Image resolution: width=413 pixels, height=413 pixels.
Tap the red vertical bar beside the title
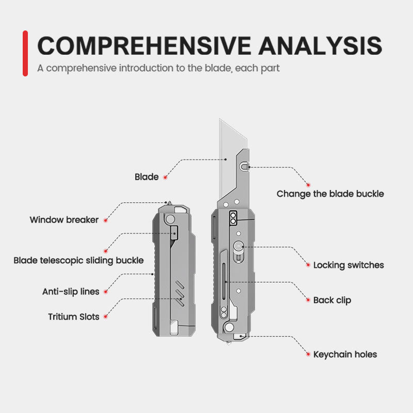click(25, 53)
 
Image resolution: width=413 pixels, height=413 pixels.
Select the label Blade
click(147, 177)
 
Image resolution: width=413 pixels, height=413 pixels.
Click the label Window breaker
click(64, 220)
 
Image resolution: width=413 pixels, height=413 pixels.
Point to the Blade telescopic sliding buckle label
click(78, 260)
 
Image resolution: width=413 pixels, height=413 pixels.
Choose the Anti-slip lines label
click(71, 292)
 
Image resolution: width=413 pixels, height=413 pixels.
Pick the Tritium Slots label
click(74, 316)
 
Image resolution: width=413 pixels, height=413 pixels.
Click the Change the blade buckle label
click(330, 194)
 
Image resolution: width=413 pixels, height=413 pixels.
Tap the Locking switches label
click(348, 265)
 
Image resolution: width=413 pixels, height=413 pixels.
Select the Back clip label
click(332, 300)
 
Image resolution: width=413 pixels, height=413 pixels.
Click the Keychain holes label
click(345, 355)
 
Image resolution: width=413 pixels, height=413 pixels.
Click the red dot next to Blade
click(165, 178)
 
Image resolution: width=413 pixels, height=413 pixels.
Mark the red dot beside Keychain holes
click(308, 355)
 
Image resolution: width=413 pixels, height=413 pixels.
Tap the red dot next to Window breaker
click(105, 220)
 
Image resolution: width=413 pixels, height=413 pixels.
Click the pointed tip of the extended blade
click(220, 120)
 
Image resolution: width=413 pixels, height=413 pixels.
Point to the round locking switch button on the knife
click(238, 247)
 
